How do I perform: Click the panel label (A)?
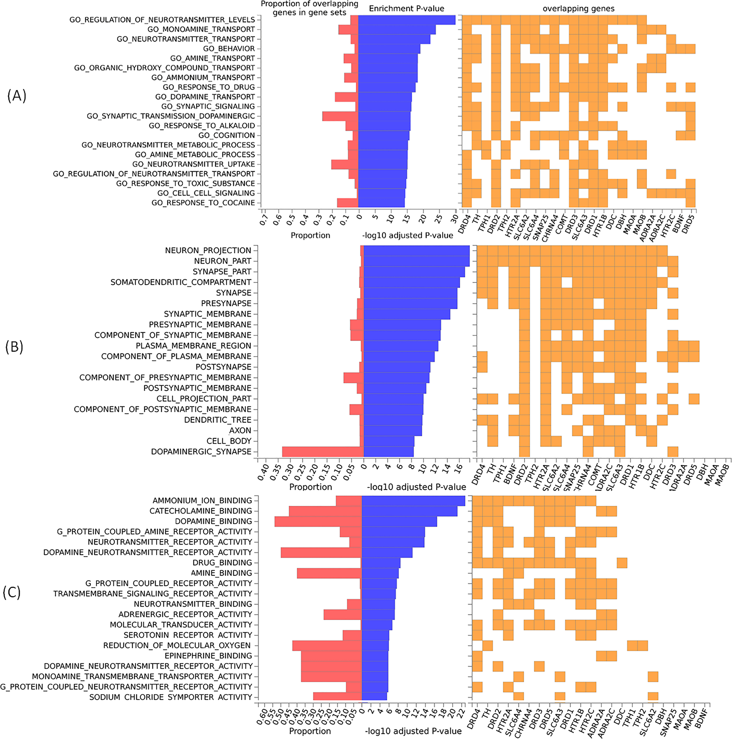click(x=17, y=96)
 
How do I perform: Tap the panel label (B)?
click(x=14, y=347)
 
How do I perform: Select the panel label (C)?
click(x=12, y=592)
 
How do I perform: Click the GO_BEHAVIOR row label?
click(x=229, y=49)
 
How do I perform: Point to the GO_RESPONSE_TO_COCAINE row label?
click(x=203, y=203)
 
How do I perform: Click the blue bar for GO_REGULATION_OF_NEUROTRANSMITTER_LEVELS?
click(x=407, y=20)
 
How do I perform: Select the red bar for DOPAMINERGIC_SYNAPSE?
click(x=323, y=451)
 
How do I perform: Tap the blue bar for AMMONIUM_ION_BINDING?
click(x=413, y=500)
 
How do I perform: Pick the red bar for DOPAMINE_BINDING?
click(x=318, y=521)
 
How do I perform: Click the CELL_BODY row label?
click(x=229, y=441)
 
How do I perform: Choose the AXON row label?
click(x=240, y=430)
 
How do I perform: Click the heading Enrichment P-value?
click(x=406, y=8)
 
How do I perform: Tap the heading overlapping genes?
click(x=578, y=8)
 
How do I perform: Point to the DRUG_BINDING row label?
click(x=222, y=562)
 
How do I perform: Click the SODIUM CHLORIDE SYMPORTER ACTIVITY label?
click(x=170, y=697)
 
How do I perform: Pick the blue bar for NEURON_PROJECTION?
click(x=416, y=250)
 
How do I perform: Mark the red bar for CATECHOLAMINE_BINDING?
click(x=325, y=511)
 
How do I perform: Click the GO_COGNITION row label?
click(x=227, y=135)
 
